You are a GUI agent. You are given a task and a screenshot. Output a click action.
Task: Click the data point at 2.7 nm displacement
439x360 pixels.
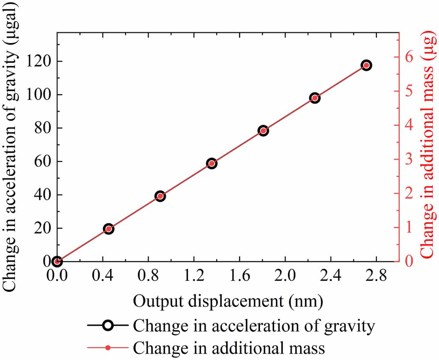tap(366, 65)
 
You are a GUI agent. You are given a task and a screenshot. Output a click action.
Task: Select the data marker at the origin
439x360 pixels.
tap(57, 261)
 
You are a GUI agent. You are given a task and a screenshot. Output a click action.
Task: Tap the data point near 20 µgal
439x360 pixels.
tap(108, 229)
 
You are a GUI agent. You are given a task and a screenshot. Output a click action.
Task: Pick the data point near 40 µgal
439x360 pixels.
tap(160, 196)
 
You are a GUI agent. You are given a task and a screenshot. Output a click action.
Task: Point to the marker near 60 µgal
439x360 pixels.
tap(212, 163)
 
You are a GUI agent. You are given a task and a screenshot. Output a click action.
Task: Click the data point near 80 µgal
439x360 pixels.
tap(263, 131)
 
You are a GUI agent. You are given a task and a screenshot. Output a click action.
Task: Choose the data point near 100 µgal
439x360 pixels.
tap(314, 98)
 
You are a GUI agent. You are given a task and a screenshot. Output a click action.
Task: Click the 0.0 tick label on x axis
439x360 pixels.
tap(57, 277)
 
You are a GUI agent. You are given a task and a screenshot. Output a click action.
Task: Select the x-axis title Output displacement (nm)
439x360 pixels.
tap(228, 301)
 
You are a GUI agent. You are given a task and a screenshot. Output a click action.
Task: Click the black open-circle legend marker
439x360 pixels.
tap(108, 326)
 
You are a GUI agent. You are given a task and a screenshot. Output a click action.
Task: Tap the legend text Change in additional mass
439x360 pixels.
tap(229, 348)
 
